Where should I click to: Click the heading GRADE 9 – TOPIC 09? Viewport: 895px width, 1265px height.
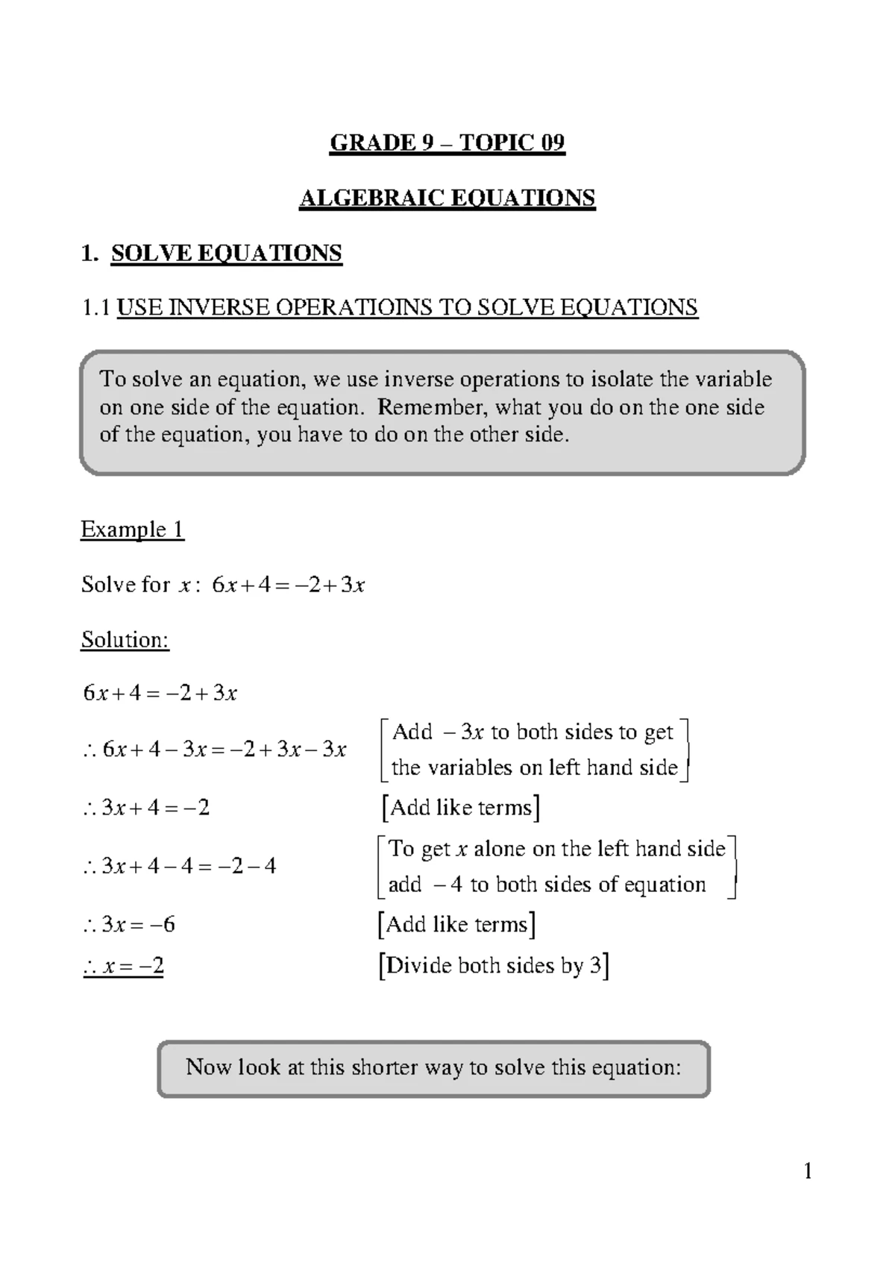[447, 142]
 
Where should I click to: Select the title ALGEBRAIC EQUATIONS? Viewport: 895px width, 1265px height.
[447, 198]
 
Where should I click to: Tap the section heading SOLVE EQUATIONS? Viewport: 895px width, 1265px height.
[226, 254]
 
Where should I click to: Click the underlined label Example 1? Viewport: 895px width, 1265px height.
[132, 530]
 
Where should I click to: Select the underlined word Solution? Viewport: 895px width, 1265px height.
[125, 640]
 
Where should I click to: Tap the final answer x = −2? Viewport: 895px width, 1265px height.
[124, 967]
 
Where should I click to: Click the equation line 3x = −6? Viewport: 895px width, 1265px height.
[129, 925]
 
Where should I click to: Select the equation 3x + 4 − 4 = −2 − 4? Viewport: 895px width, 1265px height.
[179, 866]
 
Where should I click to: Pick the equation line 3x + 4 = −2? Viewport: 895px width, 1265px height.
[146, 808]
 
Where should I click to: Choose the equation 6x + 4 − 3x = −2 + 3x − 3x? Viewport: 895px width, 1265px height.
[215, 750]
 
